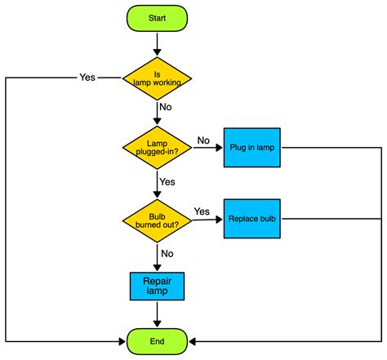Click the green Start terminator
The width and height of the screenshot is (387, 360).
tap(157, 17)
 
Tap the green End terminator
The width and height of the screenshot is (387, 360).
tap(157, 340)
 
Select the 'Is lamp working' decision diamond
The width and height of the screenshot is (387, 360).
tap(157, 78)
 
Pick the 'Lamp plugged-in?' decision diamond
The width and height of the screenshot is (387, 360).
tap(157, 148)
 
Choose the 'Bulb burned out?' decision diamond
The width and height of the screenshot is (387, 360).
tap(157, 218)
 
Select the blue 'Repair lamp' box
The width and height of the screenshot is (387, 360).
tap(157, 286)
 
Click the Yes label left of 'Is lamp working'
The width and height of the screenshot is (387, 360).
tap(87, 78)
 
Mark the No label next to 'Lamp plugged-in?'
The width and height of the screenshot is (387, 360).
tap(203, 140)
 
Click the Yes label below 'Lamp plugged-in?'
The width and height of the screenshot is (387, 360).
tap(167, 181)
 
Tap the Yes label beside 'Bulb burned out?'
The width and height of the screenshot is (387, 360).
tap(202, 211)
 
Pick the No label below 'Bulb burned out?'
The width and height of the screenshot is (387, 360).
tap(167, 253)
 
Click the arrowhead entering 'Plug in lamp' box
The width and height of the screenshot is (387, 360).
tap(218, 148)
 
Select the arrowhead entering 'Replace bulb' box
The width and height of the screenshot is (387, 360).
tap(218, 218)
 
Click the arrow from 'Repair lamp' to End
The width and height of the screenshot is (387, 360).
tap(157, 313)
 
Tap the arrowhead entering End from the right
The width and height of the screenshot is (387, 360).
tap(193, 340)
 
